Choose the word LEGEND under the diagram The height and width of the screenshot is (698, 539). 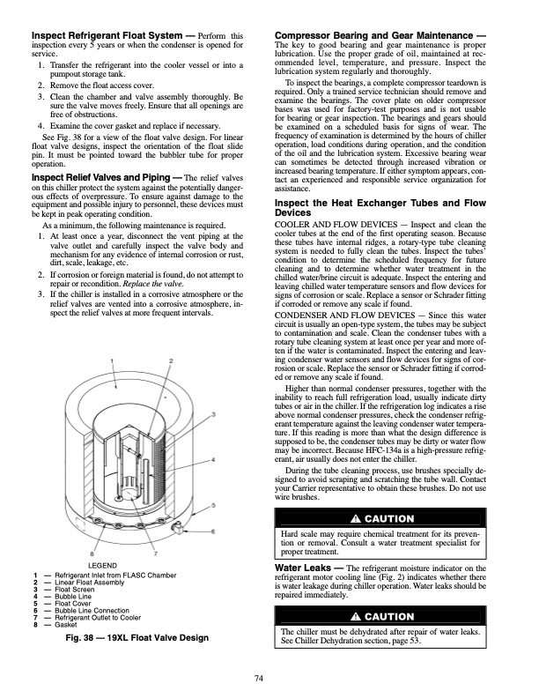104,564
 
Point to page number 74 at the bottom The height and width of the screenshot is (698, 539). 269,676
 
